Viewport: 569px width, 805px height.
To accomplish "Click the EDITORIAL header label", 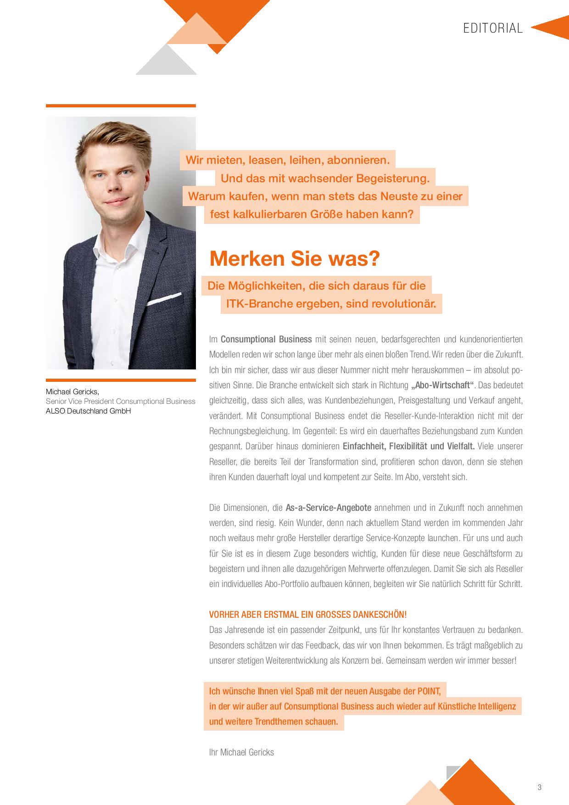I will (x=493, y=28).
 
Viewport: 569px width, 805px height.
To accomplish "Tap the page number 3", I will (x=539, y=787).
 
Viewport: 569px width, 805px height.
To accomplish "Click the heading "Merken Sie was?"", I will (x=295, y=259).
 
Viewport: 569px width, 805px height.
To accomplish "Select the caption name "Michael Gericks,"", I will (x=73, y=391).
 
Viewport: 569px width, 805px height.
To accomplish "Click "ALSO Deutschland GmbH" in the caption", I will (x=88, y=411).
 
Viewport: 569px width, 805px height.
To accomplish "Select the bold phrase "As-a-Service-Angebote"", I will (x=328, y=508).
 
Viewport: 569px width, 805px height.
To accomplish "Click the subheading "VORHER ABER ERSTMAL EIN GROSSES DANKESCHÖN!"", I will (x=307, y=615).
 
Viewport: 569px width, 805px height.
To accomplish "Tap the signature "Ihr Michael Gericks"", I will (x=241, y=752).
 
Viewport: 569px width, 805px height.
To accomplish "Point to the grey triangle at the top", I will (x=166, y=62).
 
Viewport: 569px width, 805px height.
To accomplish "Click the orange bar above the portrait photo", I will (x=121, y=106).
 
